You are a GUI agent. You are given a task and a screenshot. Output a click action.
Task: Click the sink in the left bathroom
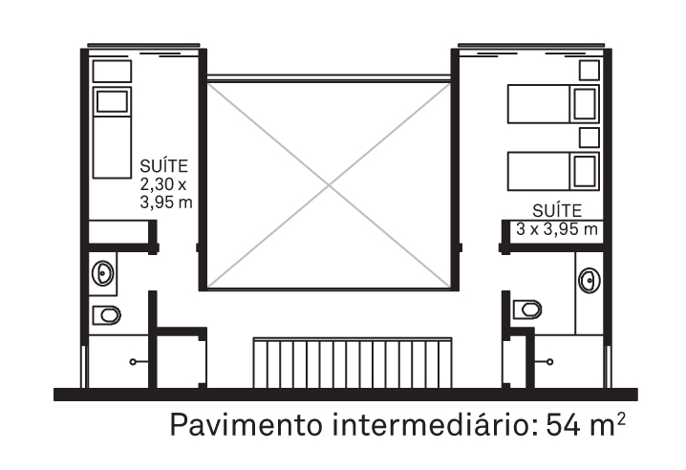click(103, 273)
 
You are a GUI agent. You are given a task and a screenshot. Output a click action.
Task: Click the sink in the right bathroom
click(590, 279)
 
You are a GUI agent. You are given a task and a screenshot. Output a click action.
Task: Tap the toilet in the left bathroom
click(107, 315)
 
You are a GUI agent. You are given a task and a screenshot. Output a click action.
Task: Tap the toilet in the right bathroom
click(527, 310)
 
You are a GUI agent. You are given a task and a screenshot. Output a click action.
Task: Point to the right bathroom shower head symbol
click(544, 361)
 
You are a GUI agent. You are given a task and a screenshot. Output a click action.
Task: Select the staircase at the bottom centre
click(353, 363)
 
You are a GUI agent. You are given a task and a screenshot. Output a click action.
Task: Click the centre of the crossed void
click(329, 186)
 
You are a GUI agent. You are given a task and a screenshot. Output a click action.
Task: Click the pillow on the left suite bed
click(113, 101)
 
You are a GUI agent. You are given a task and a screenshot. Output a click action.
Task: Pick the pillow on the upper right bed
click(585, 104)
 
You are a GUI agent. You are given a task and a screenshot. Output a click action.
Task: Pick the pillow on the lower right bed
click(585, 171)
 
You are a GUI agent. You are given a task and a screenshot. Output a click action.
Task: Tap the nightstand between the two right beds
click(590, 138)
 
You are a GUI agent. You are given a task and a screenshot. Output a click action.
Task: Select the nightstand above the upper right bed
click(590, 70)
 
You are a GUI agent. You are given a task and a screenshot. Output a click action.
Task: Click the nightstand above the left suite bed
click(112, 72)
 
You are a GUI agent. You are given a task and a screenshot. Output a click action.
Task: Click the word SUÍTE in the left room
click(163, 166)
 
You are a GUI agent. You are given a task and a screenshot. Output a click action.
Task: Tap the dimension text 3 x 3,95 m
click(556, 229)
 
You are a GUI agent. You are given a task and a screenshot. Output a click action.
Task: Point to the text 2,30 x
click(163, 184)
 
